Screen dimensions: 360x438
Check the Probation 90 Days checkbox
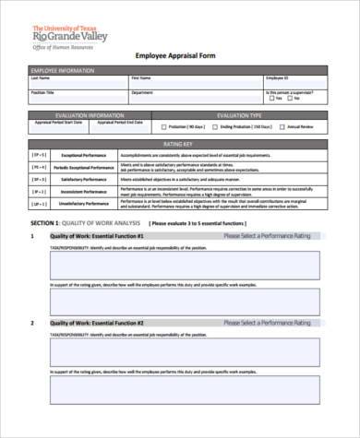pos(166,127)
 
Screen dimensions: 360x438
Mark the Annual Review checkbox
pos(282,127)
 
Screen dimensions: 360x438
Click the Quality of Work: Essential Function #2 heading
pos(97,324)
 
